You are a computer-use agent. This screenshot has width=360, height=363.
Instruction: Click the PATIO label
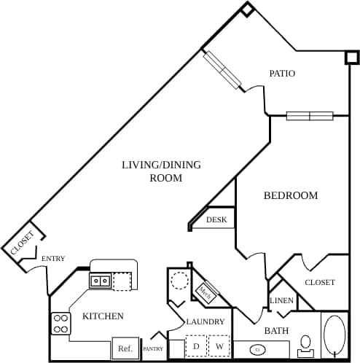pyautogui.click(x=282, y=74)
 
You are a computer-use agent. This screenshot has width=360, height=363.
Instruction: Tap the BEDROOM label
pyautogui.click(x=291, y=195)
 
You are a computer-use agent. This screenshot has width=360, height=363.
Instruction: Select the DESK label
pyautogui.click(x=216, y=219)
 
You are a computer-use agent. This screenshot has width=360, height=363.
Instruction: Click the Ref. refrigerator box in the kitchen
pyautogui.click(x=124, y=349)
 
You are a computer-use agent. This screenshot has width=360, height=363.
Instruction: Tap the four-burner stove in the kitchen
pyautogui.click(x=60, y=323)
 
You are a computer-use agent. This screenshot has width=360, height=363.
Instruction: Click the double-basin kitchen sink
pyautogui.click(x=100, y=281)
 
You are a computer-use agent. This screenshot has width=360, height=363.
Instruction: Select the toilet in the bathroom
pyautogui.click(x=306, y=343)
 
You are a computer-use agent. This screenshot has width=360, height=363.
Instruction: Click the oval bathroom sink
pyautogui.click(x=257, y=350)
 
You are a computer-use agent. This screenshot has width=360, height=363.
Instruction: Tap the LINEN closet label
pyautogui.click(x=281, y=301)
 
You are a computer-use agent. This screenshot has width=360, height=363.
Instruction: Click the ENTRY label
pyautogui.click(x=53, y=259)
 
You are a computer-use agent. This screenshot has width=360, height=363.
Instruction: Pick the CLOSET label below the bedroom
pyautogui.click(x=319, y=282)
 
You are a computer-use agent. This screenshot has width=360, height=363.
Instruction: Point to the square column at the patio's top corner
pyautogui.click(x=248, y=9)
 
